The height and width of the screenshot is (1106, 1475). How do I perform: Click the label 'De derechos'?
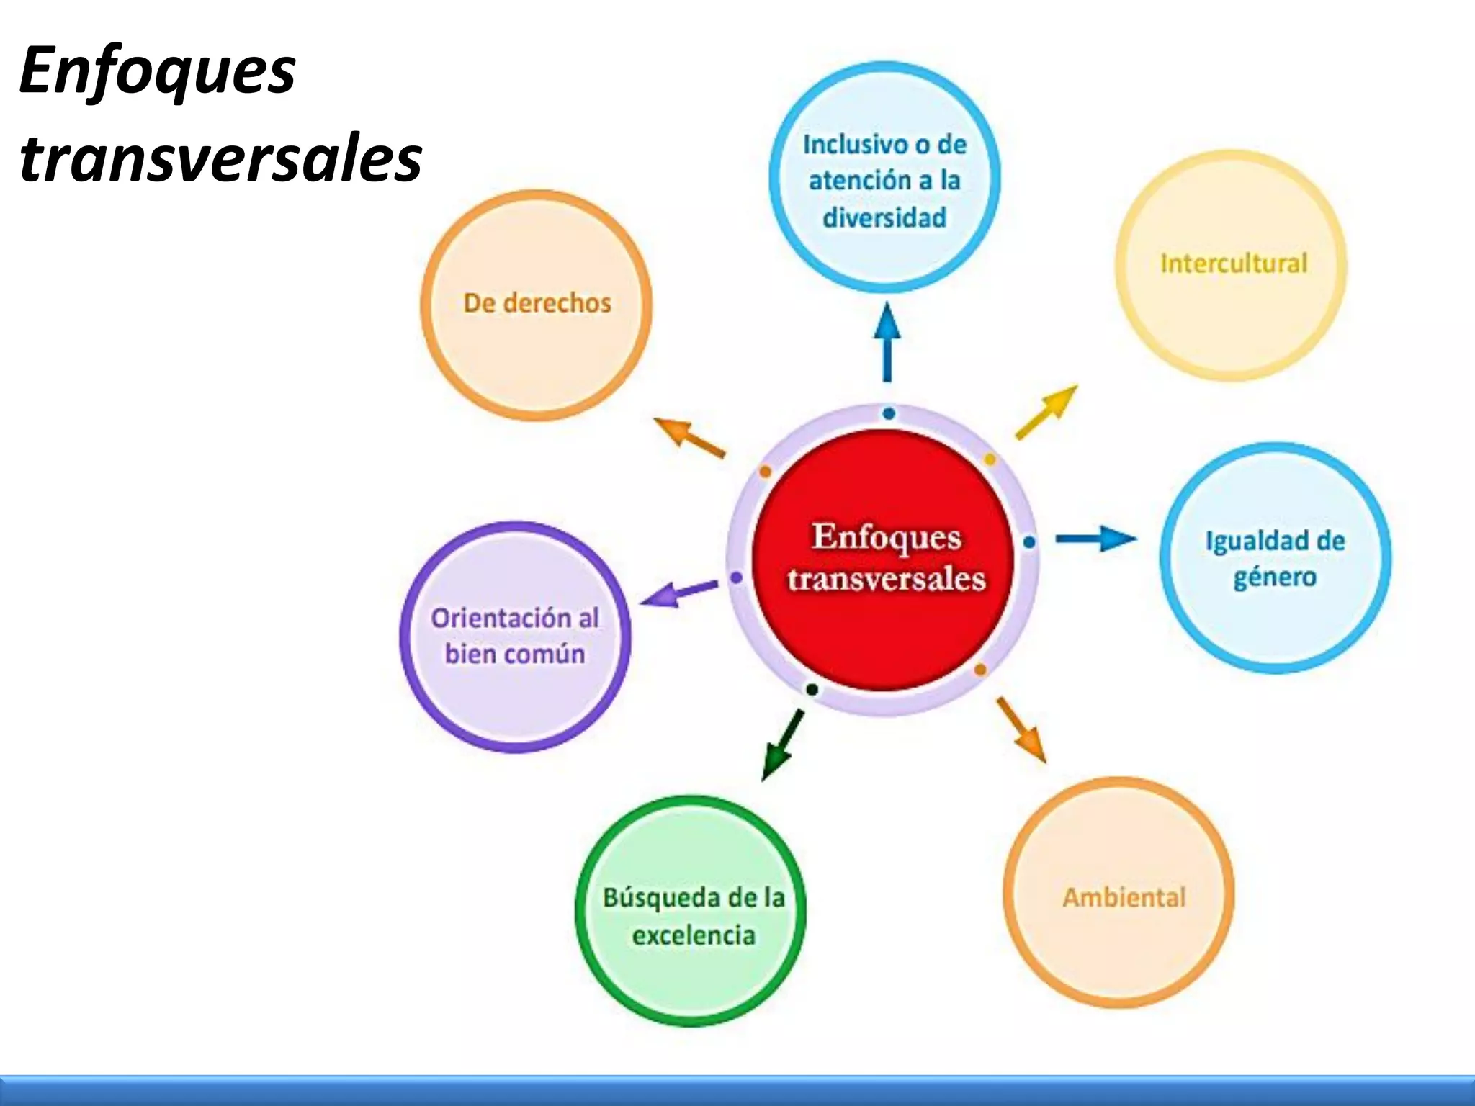coord(537,303)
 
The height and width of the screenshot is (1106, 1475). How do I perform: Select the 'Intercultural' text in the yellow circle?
coord(1234,264)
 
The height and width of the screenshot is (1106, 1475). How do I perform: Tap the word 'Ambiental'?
coord(1124,897)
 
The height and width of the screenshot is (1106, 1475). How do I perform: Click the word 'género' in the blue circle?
coord(1275,577)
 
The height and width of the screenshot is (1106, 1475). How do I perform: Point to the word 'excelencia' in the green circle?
coord(694,935)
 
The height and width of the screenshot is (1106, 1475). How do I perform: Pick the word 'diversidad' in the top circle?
coord(884,217)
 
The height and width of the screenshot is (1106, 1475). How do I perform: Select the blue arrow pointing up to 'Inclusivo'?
coord(887,342)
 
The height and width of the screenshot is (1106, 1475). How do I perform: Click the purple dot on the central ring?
coord(736,577)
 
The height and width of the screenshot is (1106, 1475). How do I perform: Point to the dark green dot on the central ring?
coord(812,689)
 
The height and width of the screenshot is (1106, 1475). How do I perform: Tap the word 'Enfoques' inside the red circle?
coord(887,536)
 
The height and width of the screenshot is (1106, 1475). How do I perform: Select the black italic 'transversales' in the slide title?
coord(220,158)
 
